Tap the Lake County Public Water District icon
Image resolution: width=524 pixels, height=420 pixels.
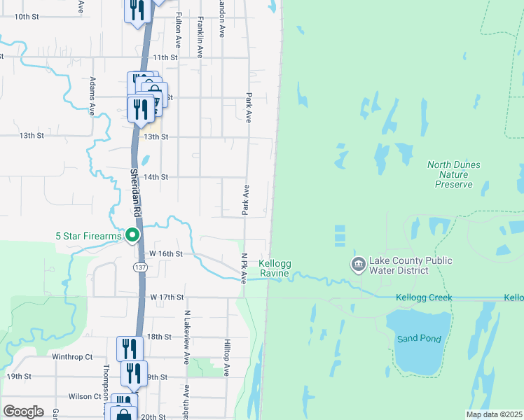[358, 265]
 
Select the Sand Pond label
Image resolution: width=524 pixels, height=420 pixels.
[419, 339]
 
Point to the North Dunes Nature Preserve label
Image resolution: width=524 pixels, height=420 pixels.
[454, 174]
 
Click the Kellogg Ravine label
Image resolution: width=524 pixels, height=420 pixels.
[274, 268]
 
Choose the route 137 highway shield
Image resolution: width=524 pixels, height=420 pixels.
[140, 268]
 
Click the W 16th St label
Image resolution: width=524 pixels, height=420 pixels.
[166, 253]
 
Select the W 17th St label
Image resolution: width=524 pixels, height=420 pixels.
[166, 297]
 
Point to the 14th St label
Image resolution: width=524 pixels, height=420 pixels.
[156, 178]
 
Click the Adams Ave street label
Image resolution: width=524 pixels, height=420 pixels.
[92, 96]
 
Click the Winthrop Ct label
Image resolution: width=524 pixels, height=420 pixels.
[72, 356]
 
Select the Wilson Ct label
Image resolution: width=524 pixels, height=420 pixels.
[85, 396]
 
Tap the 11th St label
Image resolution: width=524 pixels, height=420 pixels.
[165, 57]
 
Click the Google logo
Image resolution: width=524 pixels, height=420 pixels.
[23, 412]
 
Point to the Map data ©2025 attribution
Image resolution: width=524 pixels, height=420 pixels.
[493, 414]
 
